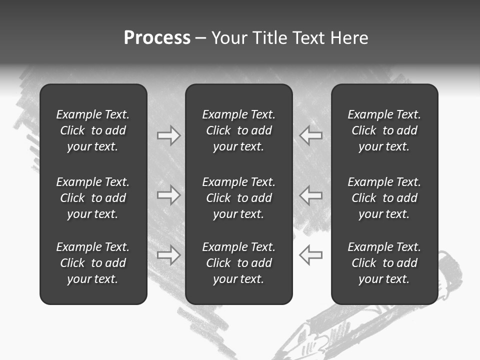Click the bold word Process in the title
tap(157, 38)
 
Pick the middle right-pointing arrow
tap(169, 195)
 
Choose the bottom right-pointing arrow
tap(169, 255)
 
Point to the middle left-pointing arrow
tap(310, 195)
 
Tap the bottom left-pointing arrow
tap(310, 255)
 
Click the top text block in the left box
tap(93, 130)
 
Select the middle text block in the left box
tap(93, 198)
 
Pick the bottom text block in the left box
tap(93, 263)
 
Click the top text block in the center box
tap(238, 130)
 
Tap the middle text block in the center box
tap(238, 198)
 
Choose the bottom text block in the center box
tap(238, 263)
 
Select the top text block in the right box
tap(384, 130)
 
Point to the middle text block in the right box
tap(384, 198)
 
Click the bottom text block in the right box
tap(384, 263)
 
